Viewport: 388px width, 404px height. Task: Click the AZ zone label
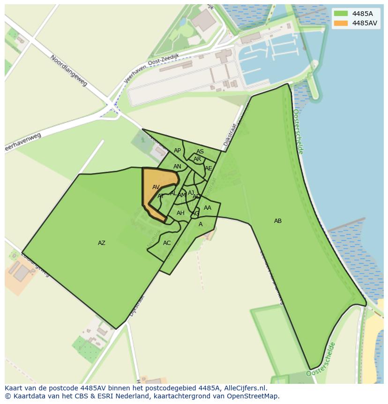click(x=102, y=243)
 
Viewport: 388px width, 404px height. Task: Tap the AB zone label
click(x=278, y=221)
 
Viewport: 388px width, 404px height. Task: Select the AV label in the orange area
click(x=156, y=187)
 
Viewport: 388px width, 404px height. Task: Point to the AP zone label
click(x=177, y=151)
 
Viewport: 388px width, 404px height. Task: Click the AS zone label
click(x=200, y=152)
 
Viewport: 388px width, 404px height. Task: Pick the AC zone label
click(x=167, y=243)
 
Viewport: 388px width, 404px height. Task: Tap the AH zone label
click(x=180, y=213)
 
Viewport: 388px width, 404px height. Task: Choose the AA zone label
click(x=208, y=208)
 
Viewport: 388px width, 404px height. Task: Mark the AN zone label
click(x=177, y=167)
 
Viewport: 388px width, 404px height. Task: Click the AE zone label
click(x=209, y=168)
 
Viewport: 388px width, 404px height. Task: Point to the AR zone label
click(x=197, y=159)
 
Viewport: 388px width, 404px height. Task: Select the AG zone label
click(x=195, y=213)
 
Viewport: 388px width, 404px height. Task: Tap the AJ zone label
click(x=191, y=192)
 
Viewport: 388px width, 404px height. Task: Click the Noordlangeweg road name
click(x=69, y=70)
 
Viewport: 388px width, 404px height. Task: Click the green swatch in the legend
click(x=341, y=14)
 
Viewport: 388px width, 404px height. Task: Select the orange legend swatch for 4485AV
click(x=341, y=23)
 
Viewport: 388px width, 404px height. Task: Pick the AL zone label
click(x=173, y=193)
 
